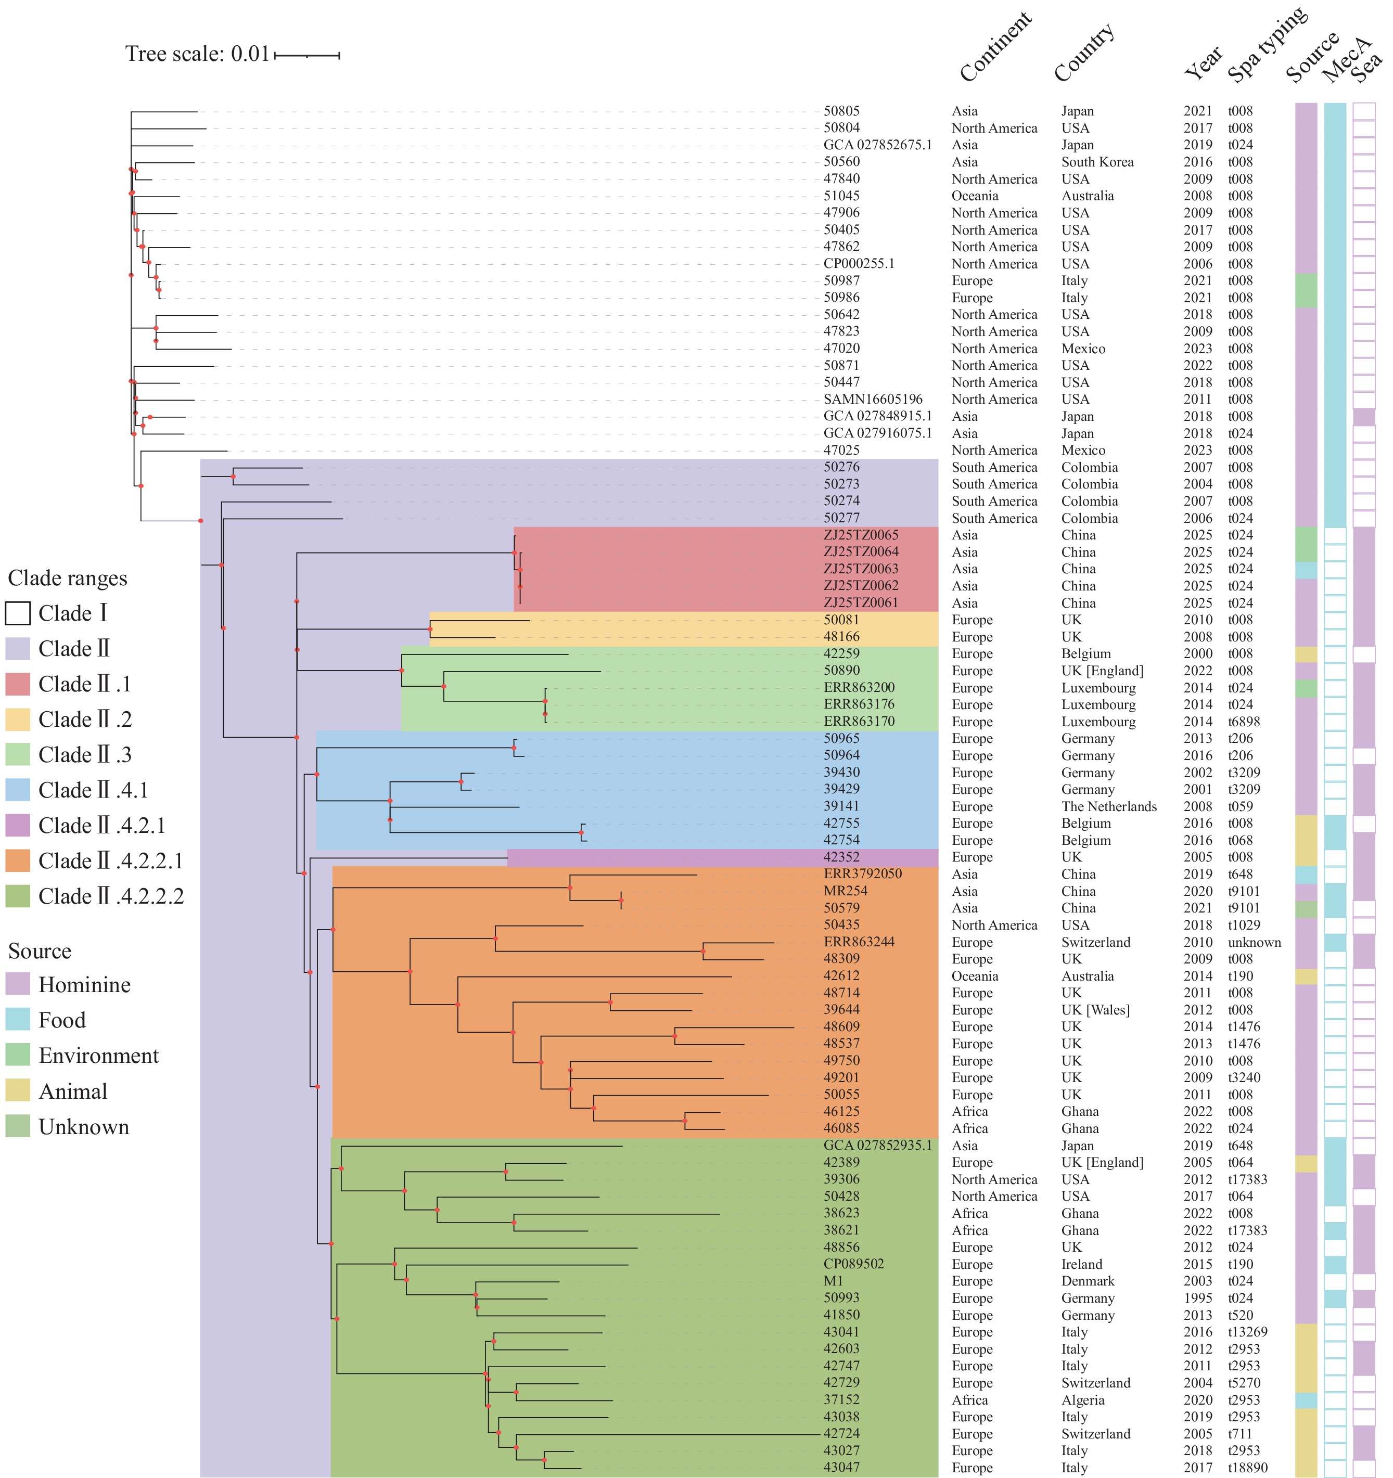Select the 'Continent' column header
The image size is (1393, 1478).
(995, 47)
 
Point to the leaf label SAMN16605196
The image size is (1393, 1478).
(873, 399)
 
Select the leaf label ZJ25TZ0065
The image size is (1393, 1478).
(861, 535)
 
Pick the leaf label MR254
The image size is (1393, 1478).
(845, 891)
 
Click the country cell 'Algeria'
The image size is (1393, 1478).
(1083, 1400)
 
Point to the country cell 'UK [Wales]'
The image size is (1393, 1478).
(1095, 1010)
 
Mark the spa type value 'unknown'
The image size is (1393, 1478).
(1254, 942)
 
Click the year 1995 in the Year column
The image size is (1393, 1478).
(1197, 1298)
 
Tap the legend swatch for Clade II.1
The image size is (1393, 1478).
(18, 684)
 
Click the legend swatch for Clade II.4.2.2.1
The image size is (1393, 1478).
(18, 861)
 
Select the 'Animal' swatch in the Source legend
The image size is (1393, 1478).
(18, 1091)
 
